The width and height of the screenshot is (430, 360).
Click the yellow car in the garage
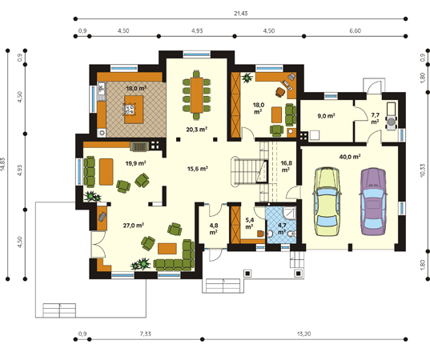[x=328, y=202]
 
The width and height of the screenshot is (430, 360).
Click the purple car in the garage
[x=373, y=202]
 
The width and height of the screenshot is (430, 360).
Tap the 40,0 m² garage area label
[x=350, y=157]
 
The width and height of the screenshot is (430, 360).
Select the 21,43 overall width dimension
[x=241, y=13]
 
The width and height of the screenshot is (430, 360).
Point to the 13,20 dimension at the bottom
[x=303, y=334]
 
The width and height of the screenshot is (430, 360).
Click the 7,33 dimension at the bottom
[x=146, y=334]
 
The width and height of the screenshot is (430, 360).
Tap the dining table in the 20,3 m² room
[x=197, y=95]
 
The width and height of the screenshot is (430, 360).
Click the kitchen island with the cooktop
[x=134, y=110]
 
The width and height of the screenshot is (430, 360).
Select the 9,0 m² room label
[x=326, y=116]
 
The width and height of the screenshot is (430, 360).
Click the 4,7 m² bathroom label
[x=282, y=229]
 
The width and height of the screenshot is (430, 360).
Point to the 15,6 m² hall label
[x=197, y=169]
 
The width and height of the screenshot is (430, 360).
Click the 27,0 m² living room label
[x=134, y=226]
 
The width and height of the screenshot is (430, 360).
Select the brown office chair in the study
[x=280, y=92]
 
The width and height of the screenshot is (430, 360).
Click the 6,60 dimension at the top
[x=356, y=30]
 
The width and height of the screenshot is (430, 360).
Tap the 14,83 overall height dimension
[x=2, y=164]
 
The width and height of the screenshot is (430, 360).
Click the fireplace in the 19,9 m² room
[x=139, y=147]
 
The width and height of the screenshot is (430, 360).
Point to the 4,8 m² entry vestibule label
[x=214, y=229]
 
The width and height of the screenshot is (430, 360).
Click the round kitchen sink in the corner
[x=102, y=133]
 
